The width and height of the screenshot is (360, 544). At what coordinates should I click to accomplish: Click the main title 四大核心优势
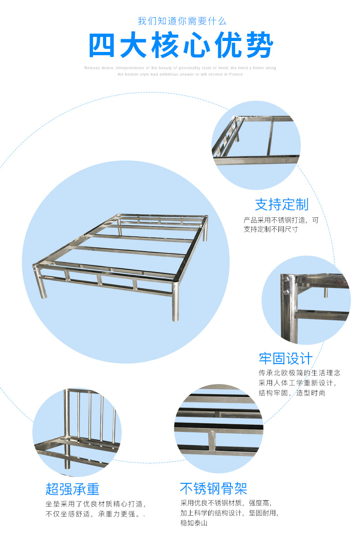pos(181,46)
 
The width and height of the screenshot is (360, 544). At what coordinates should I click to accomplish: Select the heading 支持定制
pos(281,205)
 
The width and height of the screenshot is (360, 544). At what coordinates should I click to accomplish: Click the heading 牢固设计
pos(286,358)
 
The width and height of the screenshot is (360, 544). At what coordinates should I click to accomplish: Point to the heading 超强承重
pos(72,489)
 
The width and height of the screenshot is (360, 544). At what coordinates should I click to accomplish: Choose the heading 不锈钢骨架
pos(213,489)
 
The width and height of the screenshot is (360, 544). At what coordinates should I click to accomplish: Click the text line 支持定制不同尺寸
pos(271,229)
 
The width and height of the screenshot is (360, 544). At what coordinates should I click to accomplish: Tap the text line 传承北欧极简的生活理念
pos(299,373)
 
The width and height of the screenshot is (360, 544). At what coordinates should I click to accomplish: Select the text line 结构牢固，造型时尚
pos(292,393)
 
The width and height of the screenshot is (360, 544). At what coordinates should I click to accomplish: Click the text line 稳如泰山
pos(194,523)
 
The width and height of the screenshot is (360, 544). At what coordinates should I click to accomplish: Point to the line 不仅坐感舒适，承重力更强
pos(94,514)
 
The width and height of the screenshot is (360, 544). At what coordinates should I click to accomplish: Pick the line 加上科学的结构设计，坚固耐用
pos(229,513)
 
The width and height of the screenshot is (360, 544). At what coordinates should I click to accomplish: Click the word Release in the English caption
pos(92,68)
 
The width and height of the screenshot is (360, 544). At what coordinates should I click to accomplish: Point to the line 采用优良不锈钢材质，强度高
pos(226,503)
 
